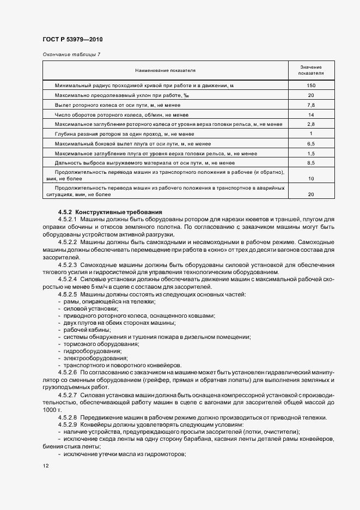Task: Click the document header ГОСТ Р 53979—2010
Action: pos(72,40)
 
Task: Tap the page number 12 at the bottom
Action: pos(45,466)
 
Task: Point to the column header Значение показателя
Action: pos(312,70)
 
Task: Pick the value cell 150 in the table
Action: pos(312,86)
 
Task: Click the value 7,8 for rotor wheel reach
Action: pos(312,105)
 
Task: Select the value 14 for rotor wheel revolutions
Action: pos(312,114)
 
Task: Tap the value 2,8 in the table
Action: pos(312,124)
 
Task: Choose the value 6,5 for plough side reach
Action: pos(312,143)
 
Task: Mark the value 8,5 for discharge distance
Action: pos(312,162)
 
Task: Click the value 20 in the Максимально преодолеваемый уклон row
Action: pos(312,95)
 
